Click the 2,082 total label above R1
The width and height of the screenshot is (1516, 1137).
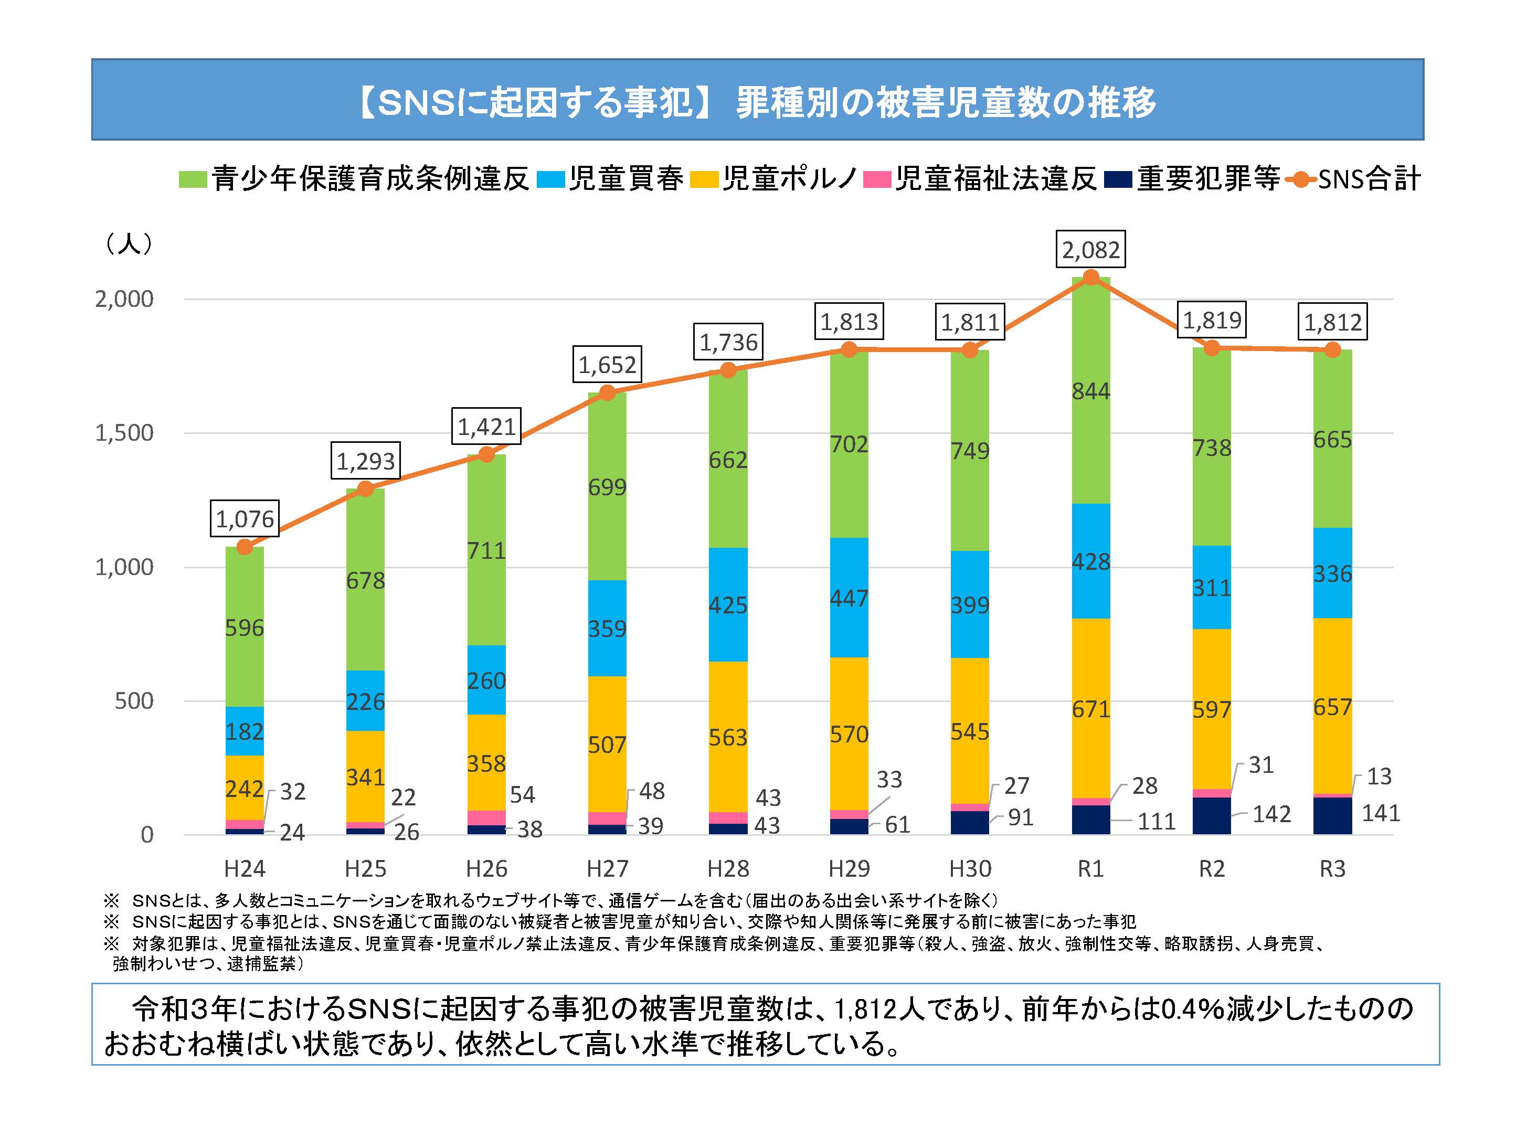coord(1090,249)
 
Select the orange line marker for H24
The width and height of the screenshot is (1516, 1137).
coord(245,547)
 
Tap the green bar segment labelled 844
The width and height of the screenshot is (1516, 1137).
coord(1090,391)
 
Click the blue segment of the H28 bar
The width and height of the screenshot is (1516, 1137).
coord(728,604)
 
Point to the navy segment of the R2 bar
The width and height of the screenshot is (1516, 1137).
coord(1211,815)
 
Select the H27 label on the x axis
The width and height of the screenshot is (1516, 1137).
coord(607,868)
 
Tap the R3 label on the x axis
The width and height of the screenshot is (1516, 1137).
coord(1332,868)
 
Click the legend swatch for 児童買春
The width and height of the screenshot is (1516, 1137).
coord(550,179)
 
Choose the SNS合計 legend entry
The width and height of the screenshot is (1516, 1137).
coord(1355,179)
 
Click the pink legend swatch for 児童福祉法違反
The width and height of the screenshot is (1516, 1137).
coord(876,179)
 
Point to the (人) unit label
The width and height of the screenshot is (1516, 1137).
coord(129,243)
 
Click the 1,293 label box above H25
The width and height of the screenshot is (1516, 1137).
coord(365,461)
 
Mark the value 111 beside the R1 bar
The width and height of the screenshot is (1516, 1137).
coord(1156,821)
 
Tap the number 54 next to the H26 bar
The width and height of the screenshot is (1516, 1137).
coord(522,794)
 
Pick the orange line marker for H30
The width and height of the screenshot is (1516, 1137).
coord(970,350)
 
